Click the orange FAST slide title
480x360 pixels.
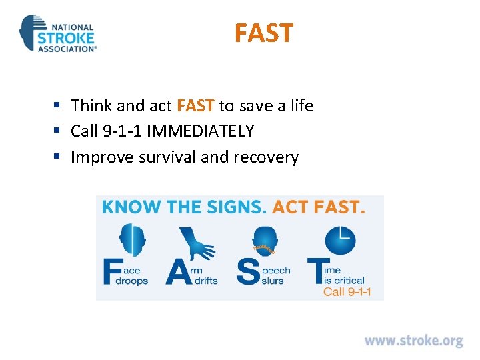[263, 33]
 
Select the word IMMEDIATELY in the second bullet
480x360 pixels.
[200, 131]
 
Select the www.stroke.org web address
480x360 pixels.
[413, 341]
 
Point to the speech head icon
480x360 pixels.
[265, 241]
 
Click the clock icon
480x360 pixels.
[340, 239]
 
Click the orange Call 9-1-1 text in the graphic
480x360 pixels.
[347, 291]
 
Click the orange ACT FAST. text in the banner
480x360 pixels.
[319, 207]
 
